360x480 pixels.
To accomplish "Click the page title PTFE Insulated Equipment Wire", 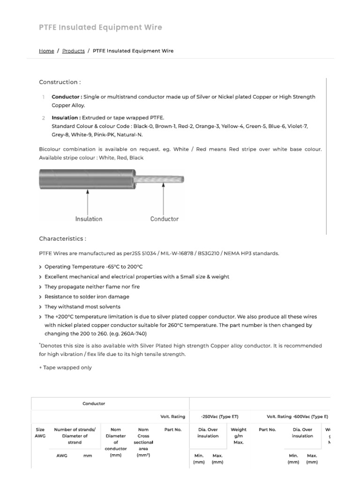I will pos(100,28).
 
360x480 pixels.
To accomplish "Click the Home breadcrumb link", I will pos(46,51).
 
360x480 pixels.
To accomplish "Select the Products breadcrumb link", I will pos(74,51).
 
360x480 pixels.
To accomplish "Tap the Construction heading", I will pos(60,82).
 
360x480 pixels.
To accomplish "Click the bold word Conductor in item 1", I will pos(66,97).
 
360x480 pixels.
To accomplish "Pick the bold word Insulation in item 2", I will pos(66,118).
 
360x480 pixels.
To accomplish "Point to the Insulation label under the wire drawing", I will pos(89,219).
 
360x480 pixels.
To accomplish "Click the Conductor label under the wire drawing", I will pos(164,219).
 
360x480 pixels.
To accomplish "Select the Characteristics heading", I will pos(62,239).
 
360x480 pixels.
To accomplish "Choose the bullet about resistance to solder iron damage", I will pos(87,297).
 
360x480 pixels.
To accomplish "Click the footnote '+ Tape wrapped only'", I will pos(65,367).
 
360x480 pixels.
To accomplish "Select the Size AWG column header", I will pos(40,433).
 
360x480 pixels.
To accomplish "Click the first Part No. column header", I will pos(173,429).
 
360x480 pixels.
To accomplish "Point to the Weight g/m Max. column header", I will pos(239,436).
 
